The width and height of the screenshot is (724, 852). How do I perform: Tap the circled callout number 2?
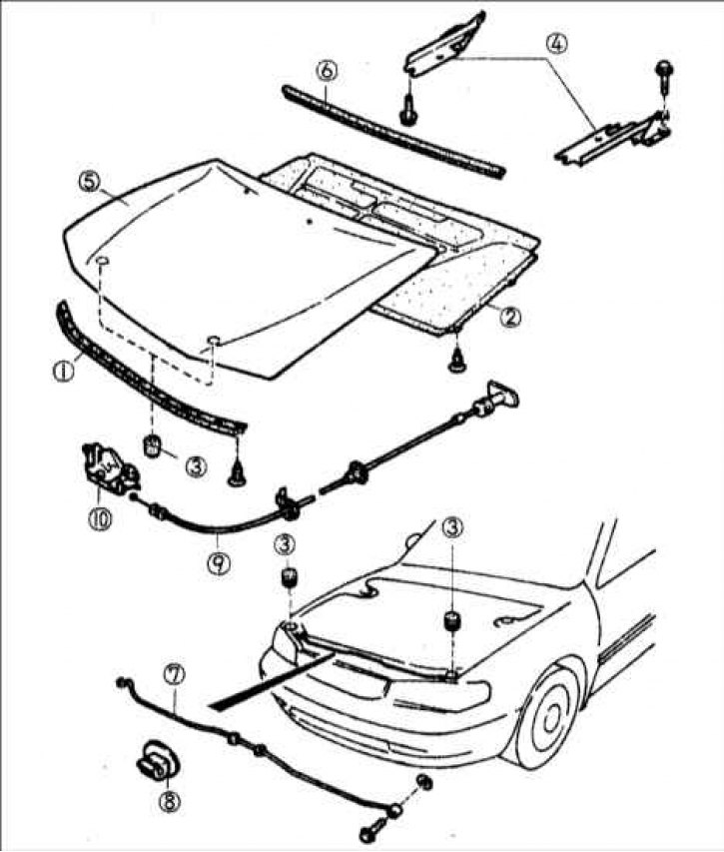(509, 317)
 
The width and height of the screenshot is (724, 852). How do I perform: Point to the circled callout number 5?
(89, 182)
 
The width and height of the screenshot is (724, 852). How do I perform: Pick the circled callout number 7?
(174, 675)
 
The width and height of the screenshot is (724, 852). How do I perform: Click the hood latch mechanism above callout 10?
(104, 465)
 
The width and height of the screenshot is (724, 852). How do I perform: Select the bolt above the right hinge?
(662, 70)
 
